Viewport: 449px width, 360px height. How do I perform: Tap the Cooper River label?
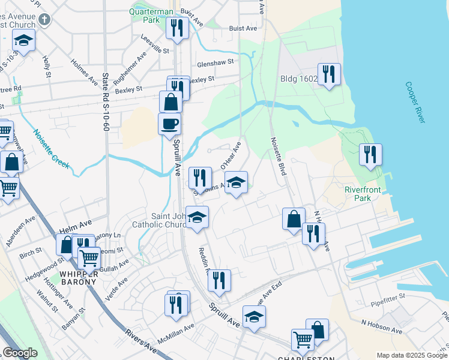pyautogui.click(x=415, y=103)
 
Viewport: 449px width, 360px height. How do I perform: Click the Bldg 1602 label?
pyautogui.click(x=298, y=78)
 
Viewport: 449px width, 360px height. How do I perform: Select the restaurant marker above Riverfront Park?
pyautogui.click(x=370, y=154)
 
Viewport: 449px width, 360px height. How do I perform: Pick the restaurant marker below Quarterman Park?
pyautogui.click(x=177, y=28)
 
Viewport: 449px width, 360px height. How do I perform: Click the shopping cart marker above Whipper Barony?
pyautogui.click(x=89, y=258)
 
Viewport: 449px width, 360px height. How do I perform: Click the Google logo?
pyautogui.click(x=20, y=353)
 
